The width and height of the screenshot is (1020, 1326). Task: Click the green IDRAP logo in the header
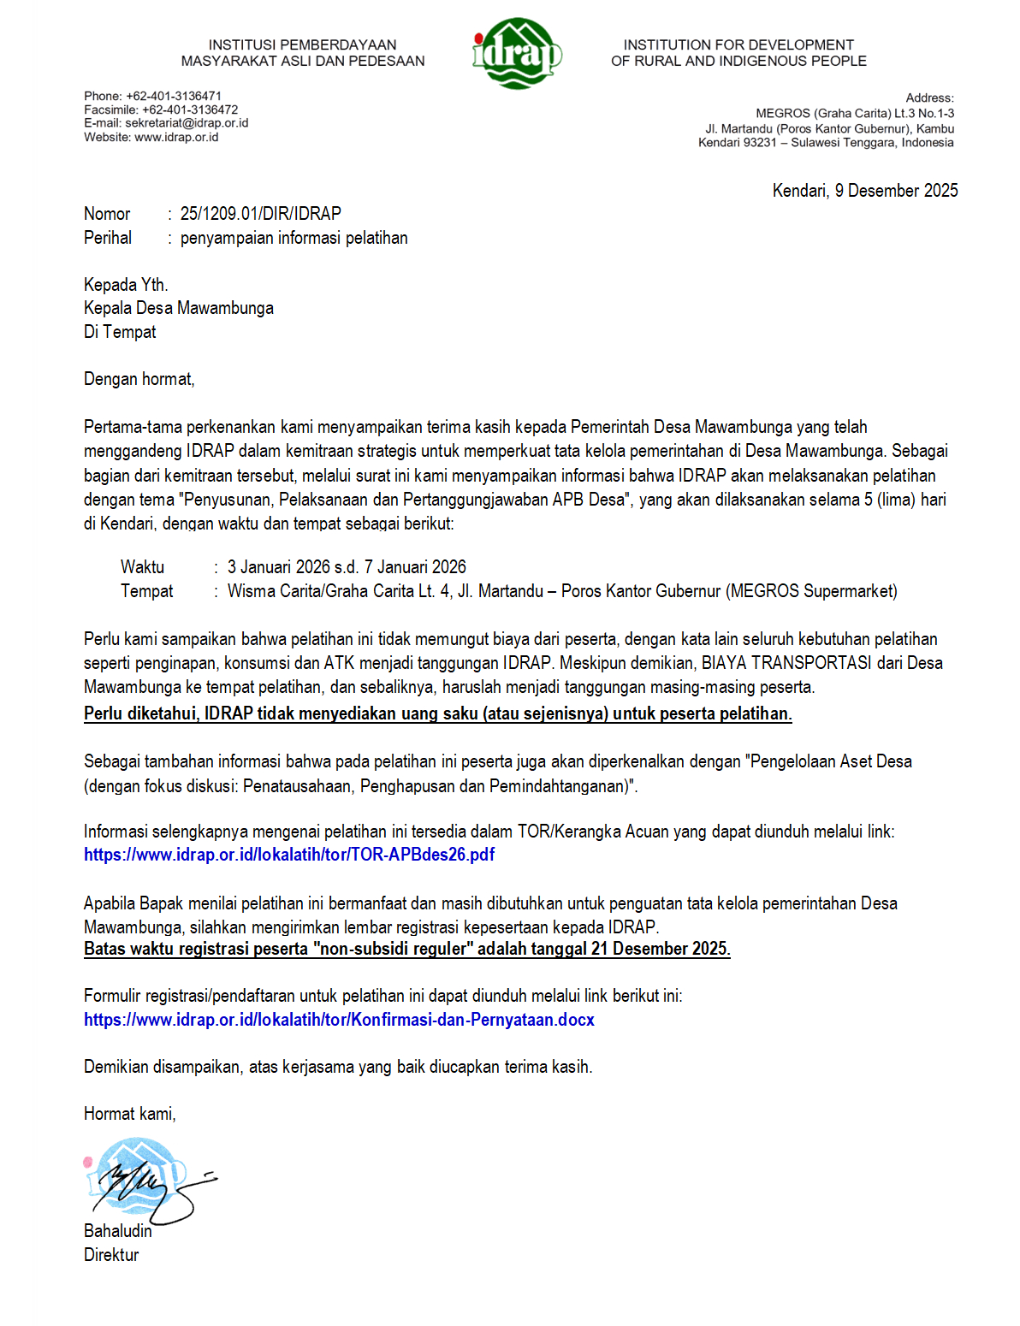point(516,54)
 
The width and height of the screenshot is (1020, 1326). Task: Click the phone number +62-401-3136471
point(174,96)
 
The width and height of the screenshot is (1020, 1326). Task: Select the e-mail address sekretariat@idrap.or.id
point(187,123)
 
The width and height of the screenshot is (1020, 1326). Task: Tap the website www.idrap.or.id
point(176,137)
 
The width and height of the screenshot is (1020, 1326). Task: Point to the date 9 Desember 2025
point(896,191)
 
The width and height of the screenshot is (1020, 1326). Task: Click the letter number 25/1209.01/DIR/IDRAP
point(260,214)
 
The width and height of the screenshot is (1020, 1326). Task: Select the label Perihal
point(108,238)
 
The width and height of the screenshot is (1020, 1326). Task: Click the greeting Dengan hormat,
point(139,379)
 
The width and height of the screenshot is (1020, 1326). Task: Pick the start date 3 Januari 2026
point(278,567)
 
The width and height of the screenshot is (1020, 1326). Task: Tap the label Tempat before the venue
point(146,591)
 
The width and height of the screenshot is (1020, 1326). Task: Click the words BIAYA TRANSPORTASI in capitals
point(786,663)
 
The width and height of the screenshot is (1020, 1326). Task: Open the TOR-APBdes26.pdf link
point(289,855)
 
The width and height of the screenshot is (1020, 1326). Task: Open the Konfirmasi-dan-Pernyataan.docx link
point(339,1020)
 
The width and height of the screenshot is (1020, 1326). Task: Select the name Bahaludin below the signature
point(118,1231)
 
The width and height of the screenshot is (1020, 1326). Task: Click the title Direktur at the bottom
point(111,1255)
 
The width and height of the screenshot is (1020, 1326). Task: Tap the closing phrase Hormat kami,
point(130,1114)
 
